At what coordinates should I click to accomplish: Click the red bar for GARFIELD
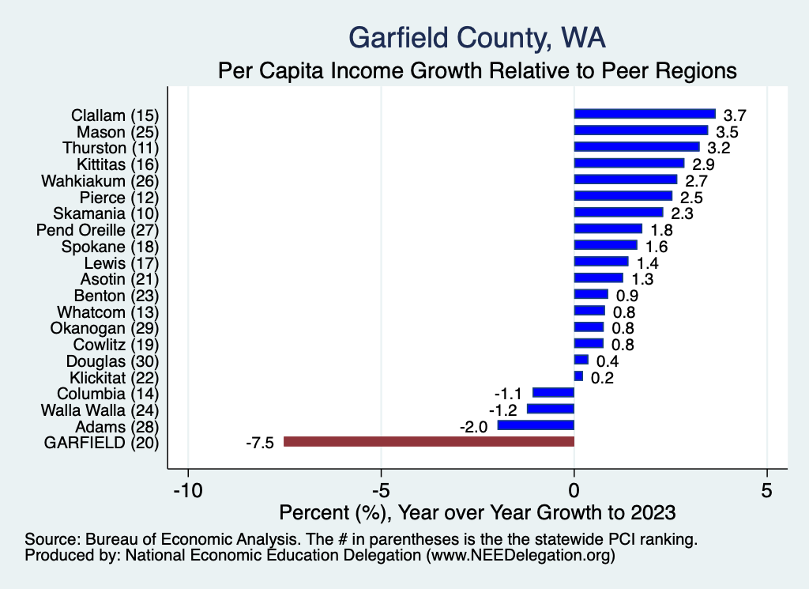tap(429, 441)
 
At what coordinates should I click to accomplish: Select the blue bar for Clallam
tap(645, 114)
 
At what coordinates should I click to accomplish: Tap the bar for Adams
tap(536, 425)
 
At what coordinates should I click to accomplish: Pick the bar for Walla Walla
tap(551, 409)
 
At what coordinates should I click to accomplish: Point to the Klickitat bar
tap(578, 376)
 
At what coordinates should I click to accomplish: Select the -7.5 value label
tap(259, 443)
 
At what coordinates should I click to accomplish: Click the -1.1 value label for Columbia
tap(509, 393)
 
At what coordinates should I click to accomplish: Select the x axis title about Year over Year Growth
tap(477, 512)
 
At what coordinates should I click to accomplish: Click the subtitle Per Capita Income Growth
tap(477, 70)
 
